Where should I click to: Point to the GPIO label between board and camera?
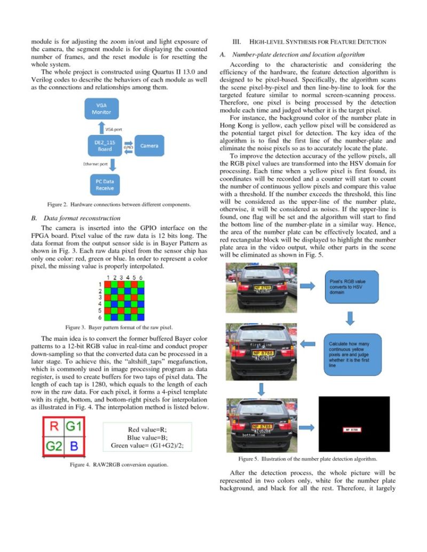128,145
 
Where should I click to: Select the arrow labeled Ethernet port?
101,166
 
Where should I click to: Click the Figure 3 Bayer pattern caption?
118,327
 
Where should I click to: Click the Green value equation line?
147,446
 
